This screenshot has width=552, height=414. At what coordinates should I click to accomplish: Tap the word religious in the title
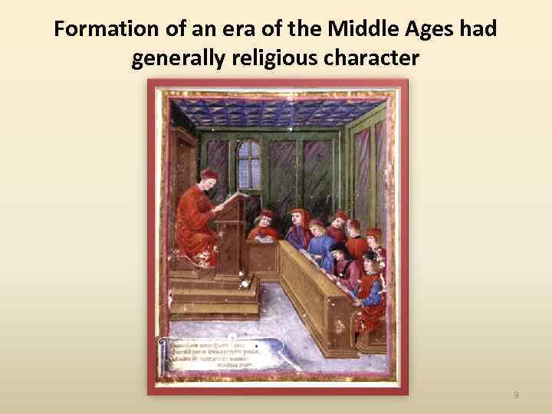coord(277,59)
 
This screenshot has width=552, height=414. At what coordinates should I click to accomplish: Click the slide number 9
coord(516,395)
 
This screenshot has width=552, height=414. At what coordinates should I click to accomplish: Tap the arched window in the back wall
coord(249,163)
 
